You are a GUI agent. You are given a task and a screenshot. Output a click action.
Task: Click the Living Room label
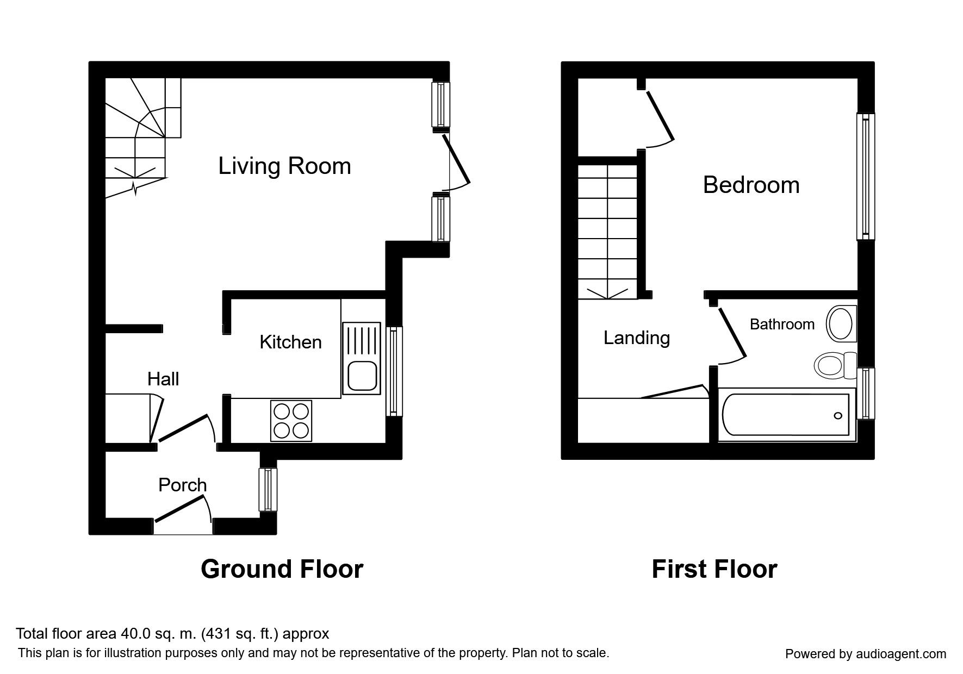coord(284,166)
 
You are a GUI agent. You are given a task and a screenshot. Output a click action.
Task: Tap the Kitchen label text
coord(290,342)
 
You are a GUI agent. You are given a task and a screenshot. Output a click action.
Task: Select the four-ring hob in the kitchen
coord(291,421)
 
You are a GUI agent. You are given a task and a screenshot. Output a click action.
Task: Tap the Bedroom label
coord(751,185)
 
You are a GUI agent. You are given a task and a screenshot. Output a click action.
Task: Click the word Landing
coord(637,338)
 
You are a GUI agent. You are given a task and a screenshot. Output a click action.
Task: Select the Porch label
coord(183,485)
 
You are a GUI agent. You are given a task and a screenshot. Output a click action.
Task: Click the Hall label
coord(163,379)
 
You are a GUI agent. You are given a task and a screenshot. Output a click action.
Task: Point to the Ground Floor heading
coord(282,569)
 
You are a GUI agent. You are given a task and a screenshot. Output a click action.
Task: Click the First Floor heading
coord(715,569)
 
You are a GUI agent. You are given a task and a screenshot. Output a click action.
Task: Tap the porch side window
coord(268,489)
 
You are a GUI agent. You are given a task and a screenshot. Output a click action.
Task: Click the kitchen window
coord(394,371)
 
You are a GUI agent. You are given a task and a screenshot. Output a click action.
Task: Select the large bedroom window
coord(866,177)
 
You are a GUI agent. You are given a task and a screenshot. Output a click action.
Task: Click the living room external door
coord(456,161)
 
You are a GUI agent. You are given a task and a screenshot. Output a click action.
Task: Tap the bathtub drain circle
coord(838,416)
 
